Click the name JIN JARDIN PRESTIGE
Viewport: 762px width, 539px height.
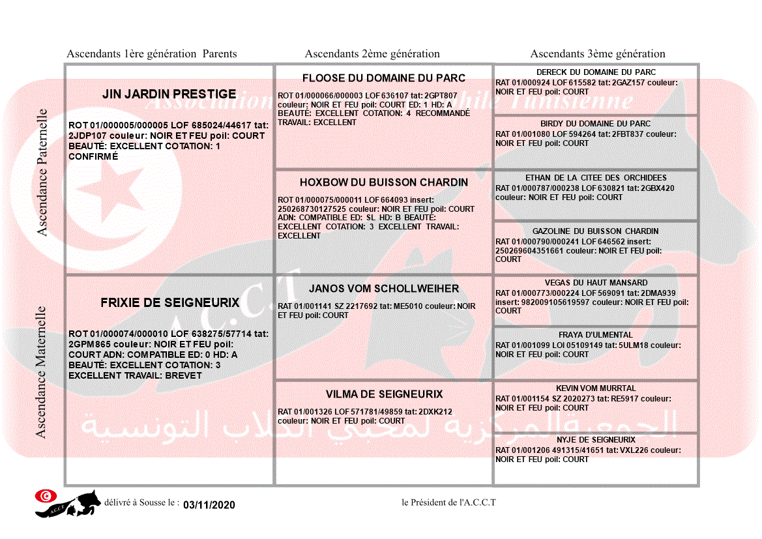pos(169,95)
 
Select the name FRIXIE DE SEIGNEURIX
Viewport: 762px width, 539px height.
pos(169,303)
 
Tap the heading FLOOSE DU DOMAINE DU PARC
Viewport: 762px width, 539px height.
pos(384,78)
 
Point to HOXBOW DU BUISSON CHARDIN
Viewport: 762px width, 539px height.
pos(384,182)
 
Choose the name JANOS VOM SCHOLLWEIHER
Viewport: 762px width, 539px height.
pos(384,289)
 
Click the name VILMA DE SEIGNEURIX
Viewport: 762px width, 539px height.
pos(384,394)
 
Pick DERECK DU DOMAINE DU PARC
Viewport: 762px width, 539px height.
pos(596,72)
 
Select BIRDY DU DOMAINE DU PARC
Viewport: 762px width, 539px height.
pos(596,124)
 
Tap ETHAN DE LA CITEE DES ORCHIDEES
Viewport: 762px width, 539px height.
pos(596,178)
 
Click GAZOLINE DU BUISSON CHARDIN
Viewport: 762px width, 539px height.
pos(596,231)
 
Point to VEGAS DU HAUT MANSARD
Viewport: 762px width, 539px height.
pos(596,283)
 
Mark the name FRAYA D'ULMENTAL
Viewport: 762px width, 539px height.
pos(596,335)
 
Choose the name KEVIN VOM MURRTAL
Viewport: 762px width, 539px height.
pos(596,388)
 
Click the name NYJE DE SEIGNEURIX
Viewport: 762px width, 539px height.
pos(596,440)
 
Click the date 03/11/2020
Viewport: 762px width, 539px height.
pos(209,505)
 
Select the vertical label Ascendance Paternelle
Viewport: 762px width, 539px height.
pos(42,172)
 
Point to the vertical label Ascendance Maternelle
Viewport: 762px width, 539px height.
pos(41,371)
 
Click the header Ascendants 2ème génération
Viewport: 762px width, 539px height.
pos(372,54)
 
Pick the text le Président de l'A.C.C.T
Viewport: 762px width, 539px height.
pos(448,502)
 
